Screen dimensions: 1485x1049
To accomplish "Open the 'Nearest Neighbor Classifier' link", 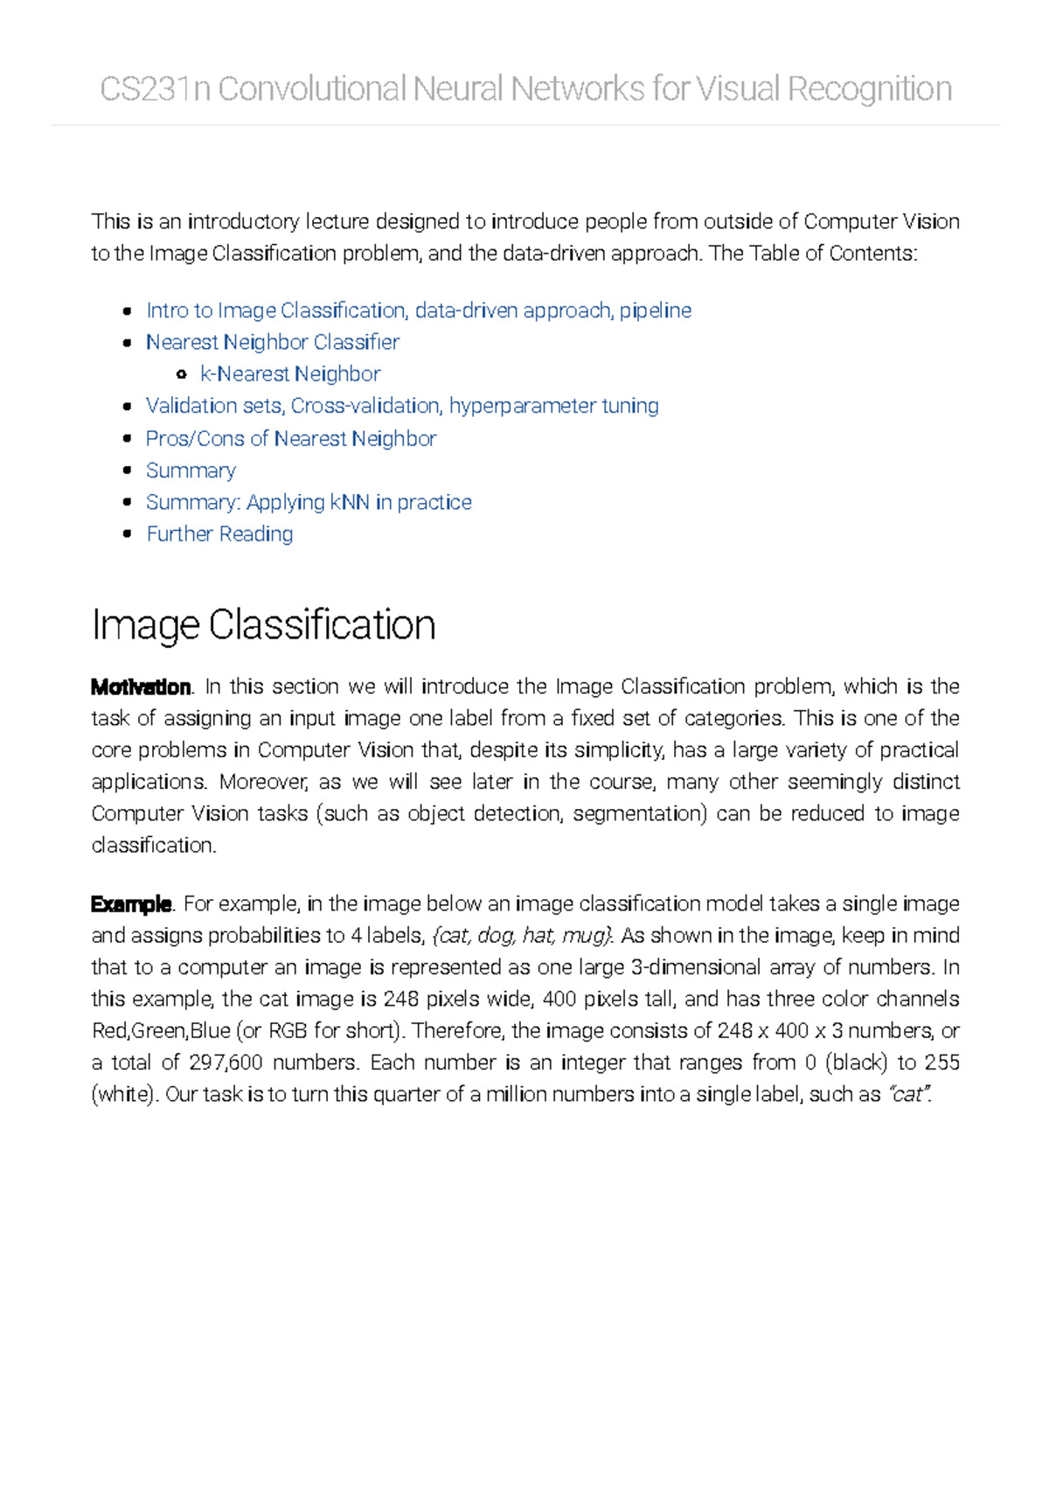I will tap(273, 342).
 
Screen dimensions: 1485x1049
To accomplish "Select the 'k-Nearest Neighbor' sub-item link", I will tap(290, 374).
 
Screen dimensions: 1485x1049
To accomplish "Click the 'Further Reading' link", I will tap(219, 534).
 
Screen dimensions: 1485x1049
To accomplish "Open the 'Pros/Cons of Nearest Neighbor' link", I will tap(291, 438).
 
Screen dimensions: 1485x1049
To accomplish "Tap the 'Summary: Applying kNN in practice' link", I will tap(309, 502).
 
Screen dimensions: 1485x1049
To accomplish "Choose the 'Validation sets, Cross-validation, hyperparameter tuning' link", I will tap(402, 406).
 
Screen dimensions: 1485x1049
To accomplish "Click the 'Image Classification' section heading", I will tap(263, 625).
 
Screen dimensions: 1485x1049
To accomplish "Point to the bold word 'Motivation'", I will tap(141, 687).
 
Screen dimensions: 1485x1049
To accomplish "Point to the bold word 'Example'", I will tap(131, 904).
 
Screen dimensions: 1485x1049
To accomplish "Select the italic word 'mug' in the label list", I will tap(585, 936).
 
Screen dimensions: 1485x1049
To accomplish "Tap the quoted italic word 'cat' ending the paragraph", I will tap(909, 1095).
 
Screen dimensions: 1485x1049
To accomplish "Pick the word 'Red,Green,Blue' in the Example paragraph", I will tap(161, 1031).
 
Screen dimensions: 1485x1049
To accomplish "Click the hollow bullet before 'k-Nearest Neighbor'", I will tap(181, 374).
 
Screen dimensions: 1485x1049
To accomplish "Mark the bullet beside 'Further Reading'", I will tap(128, 533).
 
